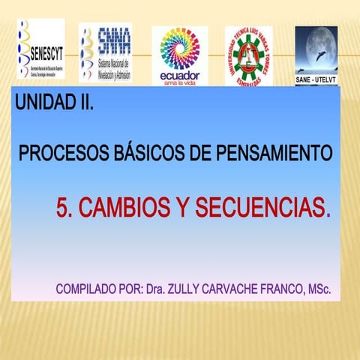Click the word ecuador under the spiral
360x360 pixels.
[x=179, y=76]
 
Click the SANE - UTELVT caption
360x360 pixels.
[x=315, y=77]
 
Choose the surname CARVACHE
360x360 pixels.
[x=235, y=289]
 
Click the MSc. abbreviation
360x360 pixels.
[x=319, y=289]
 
